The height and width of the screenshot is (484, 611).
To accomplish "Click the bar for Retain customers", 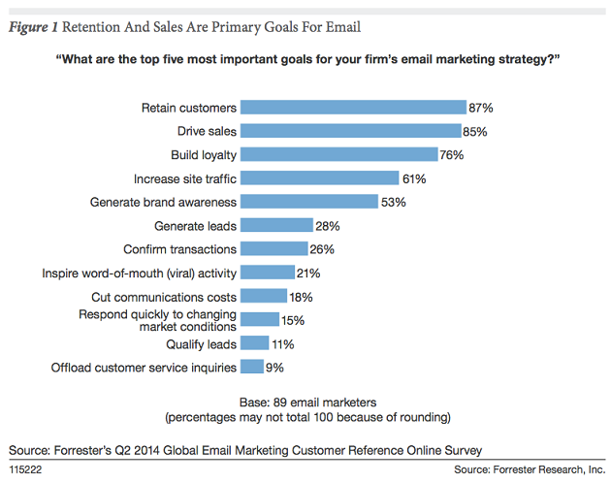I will (x=352, y=108).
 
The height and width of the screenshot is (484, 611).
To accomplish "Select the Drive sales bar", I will (x=350, y=131).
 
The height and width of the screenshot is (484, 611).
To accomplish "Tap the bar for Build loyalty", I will (x=338, y=154).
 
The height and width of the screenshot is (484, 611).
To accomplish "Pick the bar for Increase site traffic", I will (x=319, y=178).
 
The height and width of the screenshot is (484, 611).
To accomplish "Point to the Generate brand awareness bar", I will (x=308, y=202).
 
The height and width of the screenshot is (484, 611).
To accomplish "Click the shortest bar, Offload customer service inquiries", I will (x=252, y=367).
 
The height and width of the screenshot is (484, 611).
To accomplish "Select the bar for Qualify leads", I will (x=254, y=342).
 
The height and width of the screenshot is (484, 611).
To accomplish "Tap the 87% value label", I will (x=482, y=108).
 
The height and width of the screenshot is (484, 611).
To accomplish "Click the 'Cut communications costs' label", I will (x=163, y=296).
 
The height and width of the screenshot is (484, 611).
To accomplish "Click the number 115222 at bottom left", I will (x=27, y=469).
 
